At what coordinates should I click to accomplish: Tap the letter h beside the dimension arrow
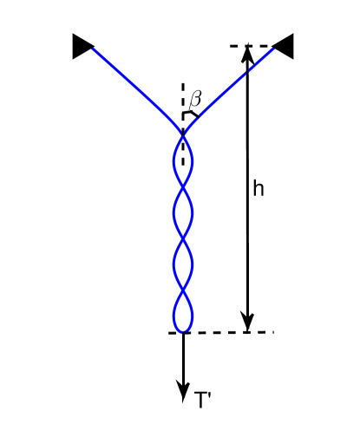coord(258,188)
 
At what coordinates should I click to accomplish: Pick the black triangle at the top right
coord(283,46)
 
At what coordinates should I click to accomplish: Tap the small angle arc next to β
coord(191,114)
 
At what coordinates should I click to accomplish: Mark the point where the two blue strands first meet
coord(183,133)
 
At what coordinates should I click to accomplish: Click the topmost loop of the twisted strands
coord(183,158)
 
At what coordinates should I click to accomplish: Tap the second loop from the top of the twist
coord(183,209)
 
